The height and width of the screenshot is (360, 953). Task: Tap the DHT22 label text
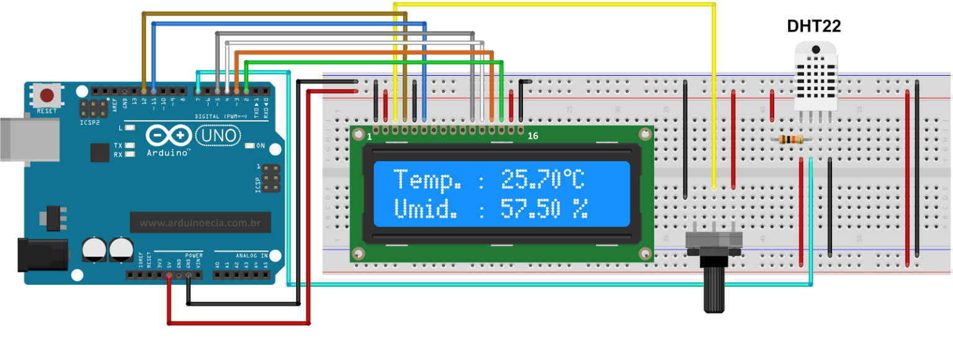[814, 26]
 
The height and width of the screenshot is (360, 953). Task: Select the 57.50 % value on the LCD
[544, 209]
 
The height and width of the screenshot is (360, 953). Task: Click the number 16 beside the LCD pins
[532, 135]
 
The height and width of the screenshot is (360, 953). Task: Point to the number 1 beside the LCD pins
[369, 135]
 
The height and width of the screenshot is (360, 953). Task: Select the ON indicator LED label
[261, 146]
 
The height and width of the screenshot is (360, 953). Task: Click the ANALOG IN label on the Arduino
[251, 255]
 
